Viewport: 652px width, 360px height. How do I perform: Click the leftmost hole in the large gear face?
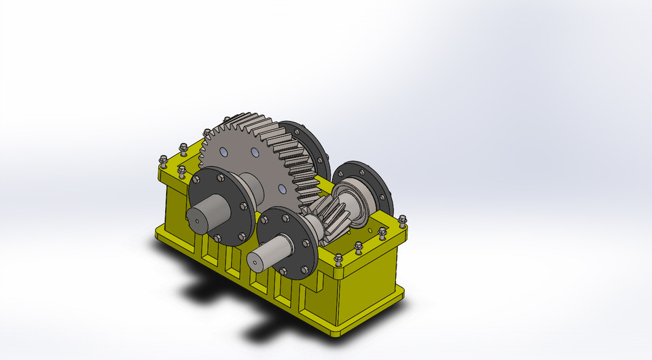click(223, 152)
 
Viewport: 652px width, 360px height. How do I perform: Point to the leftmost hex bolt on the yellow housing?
click(163, 160)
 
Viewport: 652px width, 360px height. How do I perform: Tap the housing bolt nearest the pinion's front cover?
click(339, 259)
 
